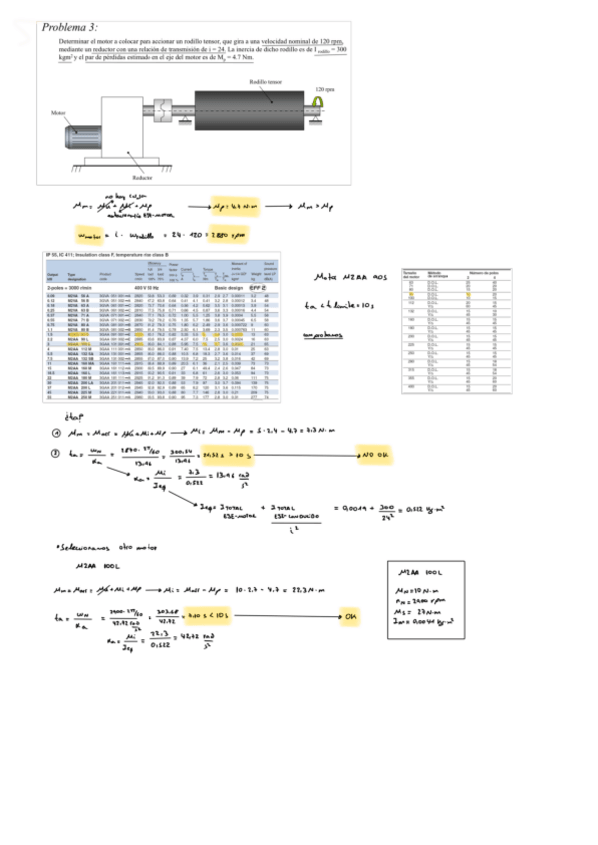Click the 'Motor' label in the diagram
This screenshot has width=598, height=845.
tap(59, 113)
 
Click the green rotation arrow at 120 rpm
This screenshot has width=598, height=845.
tap(319, 103)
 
